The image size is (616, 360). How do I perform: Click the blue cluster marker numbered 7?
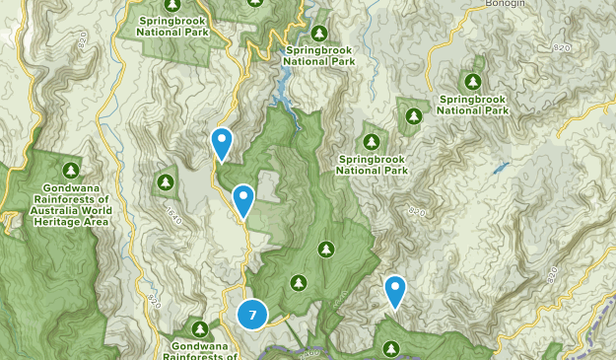click(x=252, y=315)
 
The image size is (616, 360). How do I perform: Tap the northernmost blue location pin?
click(x=223, y=143)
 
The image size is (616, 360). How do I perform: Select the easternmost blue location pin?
click(x=395, y=290)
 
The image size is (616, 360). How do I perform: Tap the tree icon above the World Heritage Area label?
click(x=70, y=169)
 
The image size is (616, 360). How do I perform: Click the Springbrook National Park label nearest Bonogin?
click(x=472, y=105)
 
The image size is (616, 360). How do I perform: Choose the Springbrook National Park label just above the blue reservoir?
click(x=319, y=55)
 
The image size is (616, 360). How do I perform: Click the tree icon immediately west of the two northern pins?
click(x=165, y=181)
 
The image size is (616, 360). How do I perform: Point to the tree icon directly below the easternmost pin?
click(x=391, y=348)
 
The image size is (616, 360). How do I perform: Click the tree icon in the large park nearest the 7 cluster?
click(x=299, y=283)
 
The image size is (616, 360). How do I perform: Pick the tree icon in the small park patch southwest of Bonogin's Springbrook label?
click(x=411, y=116)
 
